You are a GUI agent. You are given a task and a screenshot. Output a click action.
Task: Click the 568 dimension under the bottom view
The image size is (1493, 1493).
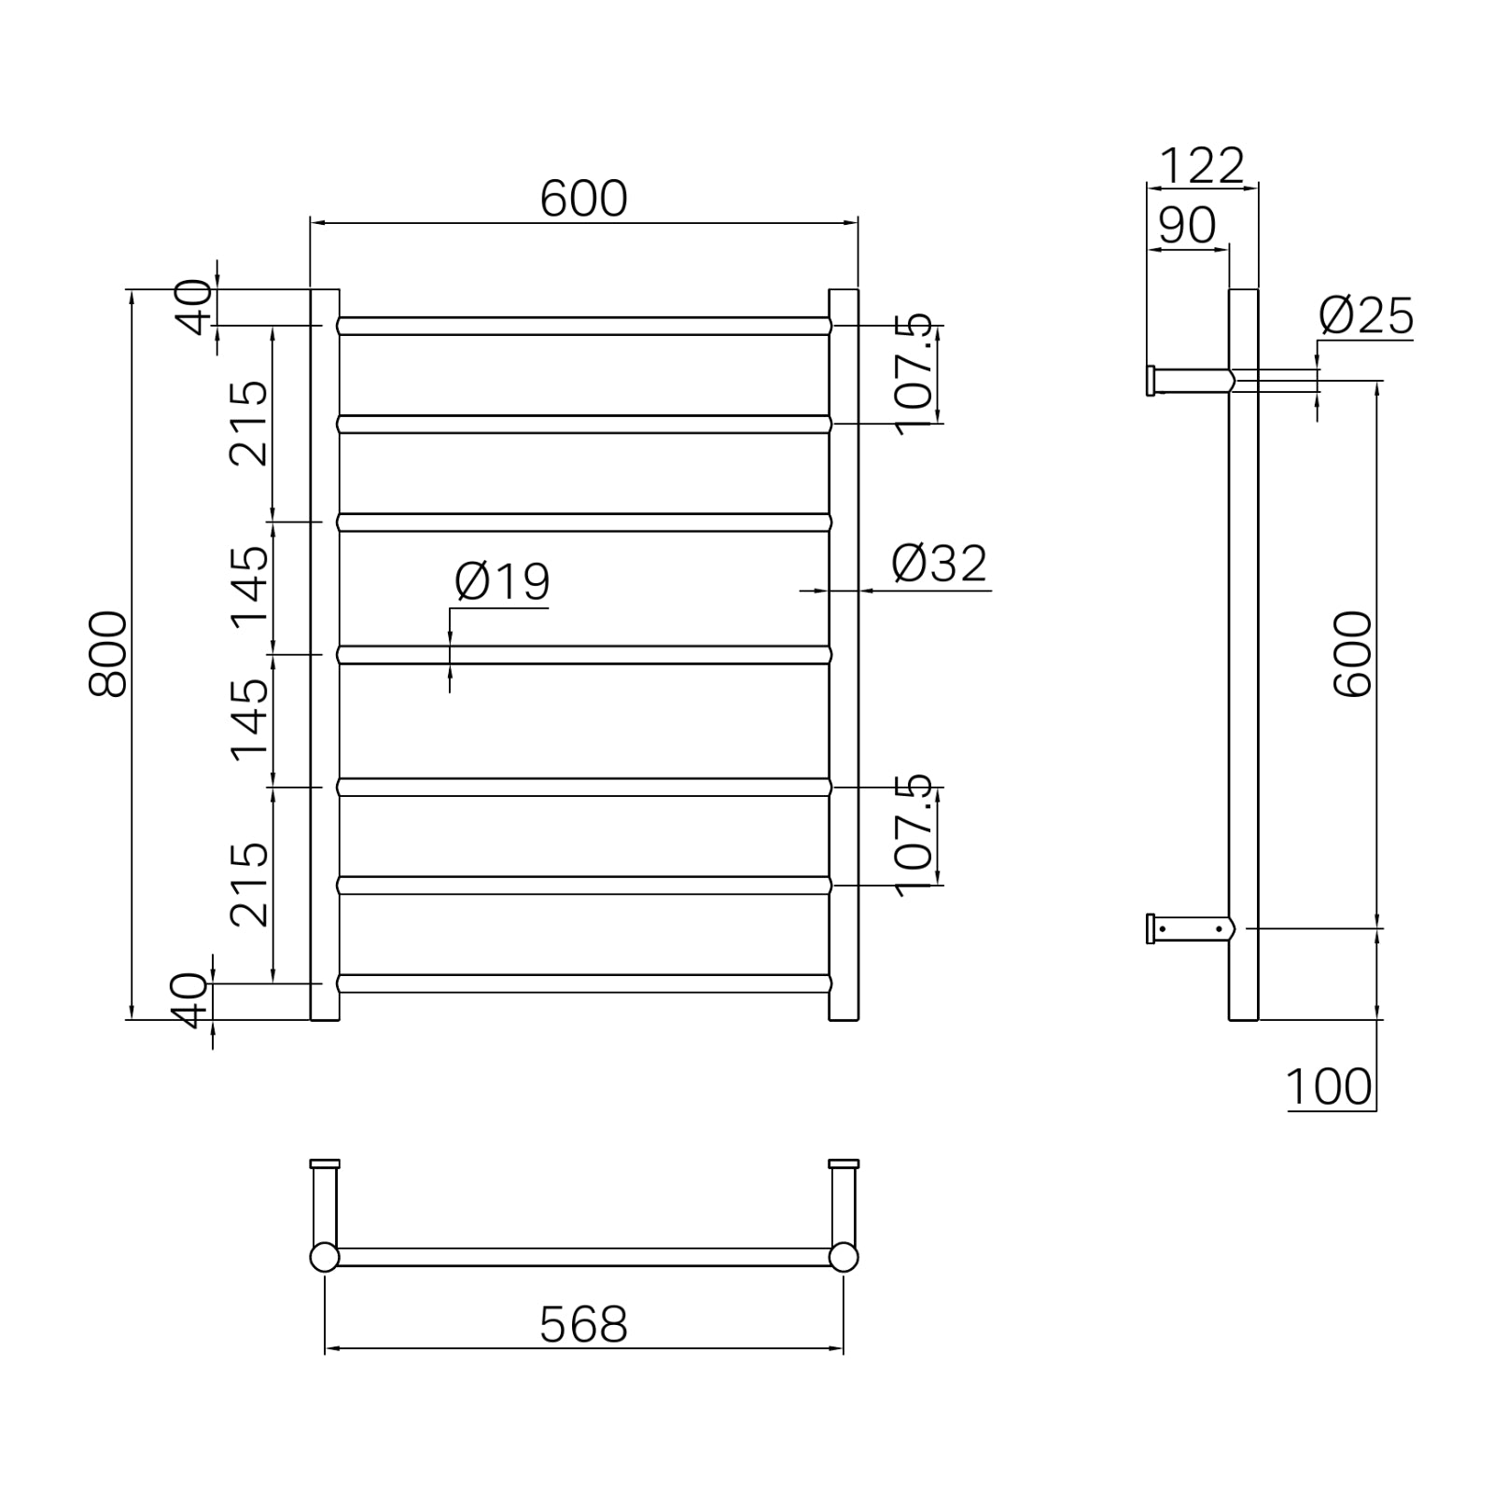pos(583,1324)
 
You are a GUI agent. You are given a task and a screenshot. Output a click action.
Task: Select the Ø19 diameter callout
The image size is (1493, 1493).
pos(502,582)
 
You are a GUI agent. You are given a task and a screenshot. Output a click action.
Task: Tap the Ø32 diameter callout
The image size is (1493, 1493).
pos(938,564)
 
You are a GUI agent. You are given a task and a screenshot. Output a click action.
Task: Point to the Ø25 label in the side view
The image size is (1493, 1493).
pos(1365,316)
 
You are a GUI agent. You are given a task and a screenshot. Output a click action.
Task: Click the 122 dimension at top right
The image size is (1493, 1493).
pos(1201,167)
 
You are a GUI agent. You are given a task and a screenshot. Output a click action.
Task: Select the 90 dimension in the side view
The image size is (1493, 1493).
pos(1187,225)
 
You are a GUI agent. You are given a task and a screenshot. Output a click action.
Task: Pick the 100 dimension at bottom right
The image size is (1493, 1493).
pos(1328,1086)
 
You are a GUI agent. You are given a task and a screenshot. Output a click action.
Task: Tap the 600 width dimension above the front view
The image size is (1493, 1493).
pos(583,199)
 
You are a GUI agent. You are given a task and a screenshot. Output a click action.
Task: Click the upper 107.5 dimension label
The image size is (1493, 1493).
pos(914,374)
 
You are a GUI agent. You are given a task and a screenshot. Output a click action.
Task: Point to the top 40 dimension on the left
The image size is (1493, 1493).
pos(194,307)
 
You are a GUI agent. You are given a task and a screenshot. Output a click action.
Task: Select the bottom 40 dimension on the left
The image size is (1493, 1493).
pos(192,1000)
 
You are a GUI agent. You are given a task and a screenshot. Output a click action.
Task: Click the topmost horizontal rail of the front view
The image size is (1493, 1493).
pos(583,326)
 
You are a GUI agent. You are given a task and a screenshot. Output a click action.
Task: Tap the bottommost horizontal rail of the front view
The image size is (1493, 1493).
pos(583,984)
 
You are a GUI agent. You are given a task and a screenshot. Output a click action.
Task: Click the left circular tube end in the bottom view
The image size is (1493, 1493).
pos(324,1257)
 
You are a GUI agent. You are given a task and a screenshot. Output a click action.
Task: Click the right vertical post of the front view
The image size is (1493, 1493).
pos(843,653)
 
